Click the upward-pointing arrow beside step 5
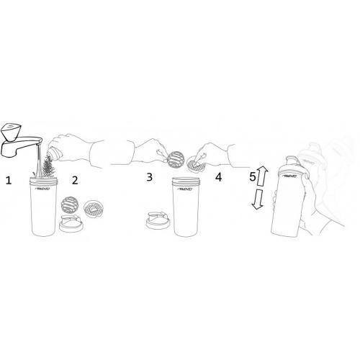[x=263, y=174]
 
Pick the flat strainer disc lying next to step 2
[x=94, y=210]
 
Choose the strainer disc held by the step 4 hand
[x=194, y=165]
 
